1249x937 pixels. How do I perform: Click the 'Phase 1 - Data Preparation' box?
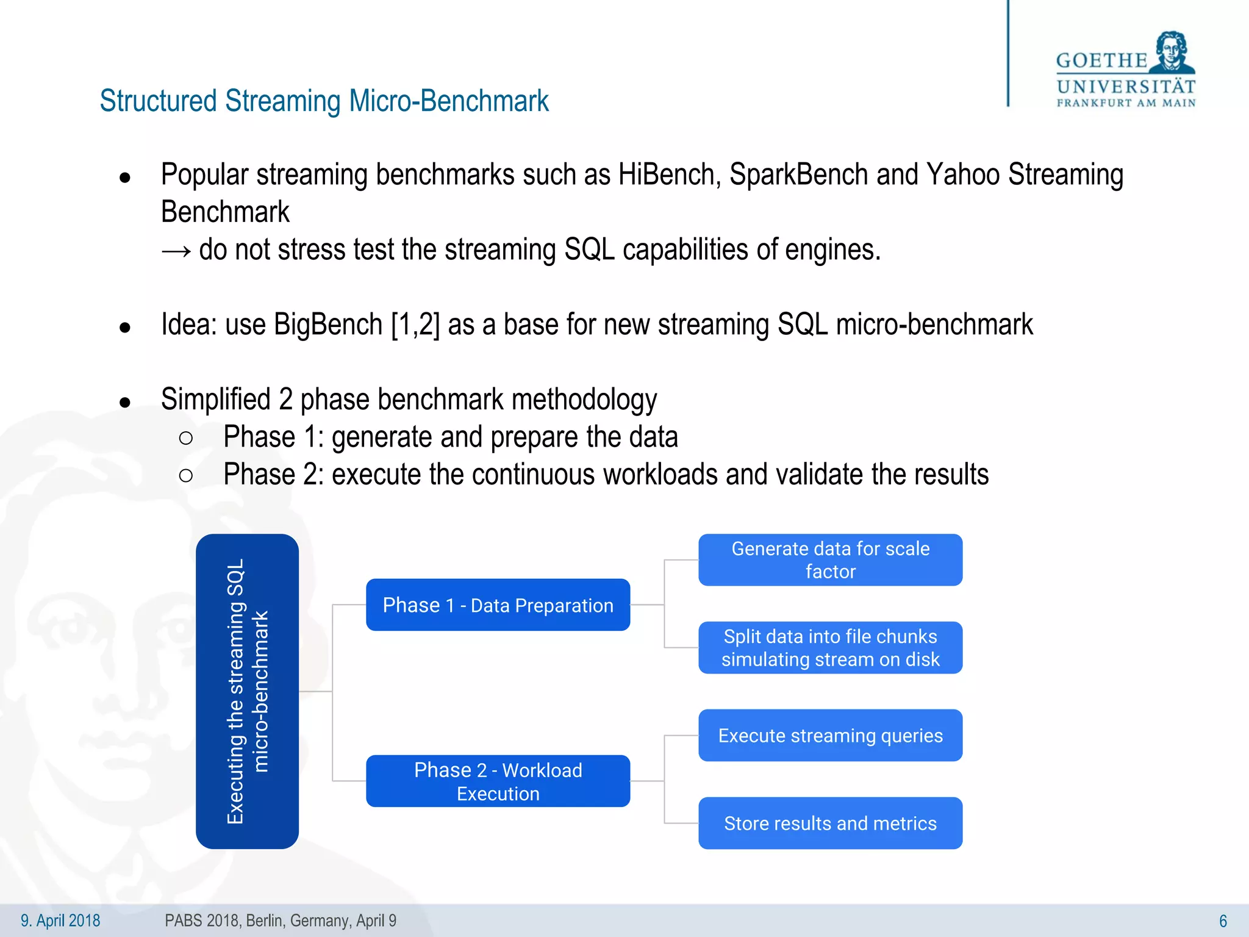pos(498,605)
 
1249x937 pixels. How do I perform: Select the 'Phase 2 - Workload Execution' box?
pos(498,781)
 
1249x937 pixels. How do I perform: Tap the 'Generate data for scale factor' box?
pos(830,559)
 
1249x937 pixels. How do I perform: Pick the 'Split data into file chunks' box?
pos(830,647)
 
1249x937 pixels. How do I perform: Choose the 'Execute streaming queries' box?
pos(830,735)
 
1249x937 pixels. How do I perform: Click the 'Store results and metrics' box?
pos(830,823)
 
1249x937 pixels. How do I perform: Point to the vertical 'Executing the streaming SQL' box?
pos(247,691)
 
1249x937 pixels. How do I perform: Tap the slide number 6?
pos(1223,921)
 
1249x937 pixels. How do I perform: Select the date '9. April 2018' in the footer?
pos(60,921)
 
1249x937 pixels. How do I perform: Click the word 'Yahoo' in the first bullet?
pos(963,175)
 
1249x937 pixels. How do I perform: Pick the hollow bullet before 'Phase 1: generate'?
pos(186,438)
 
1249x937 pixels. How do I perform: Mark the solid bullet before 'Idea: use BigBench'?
pos(125,328)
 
